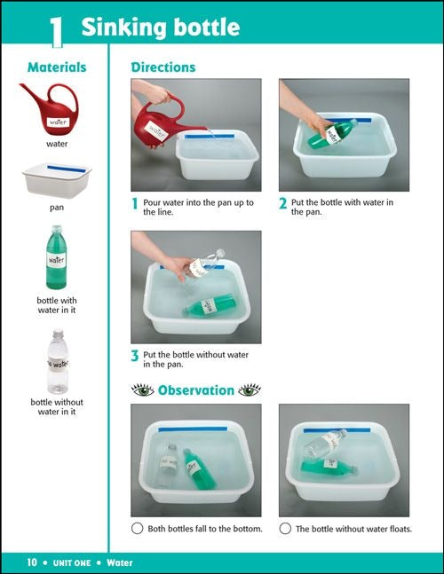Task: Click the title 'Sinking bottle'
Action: pos(160,28)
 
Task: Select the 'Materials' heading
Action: pos(57,67)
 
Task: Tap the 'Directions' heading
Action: pos(163,67)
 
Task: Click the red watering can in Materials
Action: pos(55,108)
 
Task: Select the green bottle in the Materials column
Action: pos(56,257)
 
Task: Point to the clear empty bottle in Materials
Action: pos(57,361)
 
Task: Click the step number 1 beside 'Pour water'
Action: pos(135,204)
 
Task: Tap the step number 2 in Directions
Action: pos(283,204)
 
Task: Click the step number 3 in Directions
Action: pos(135,357)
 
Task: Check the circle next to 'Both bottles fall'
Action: pos(137,529)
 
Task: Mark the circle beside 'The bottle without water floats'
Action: pos(285,529)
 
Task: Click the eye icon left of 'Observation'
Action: pos(142,390)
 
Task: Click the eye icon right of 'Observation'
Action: pos(250,390)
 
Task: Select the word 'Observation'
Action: pos(196,390)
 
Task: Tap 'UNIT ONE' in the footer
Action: pos(74,562)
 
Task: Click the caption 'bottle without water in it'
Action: pos(57,406)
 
